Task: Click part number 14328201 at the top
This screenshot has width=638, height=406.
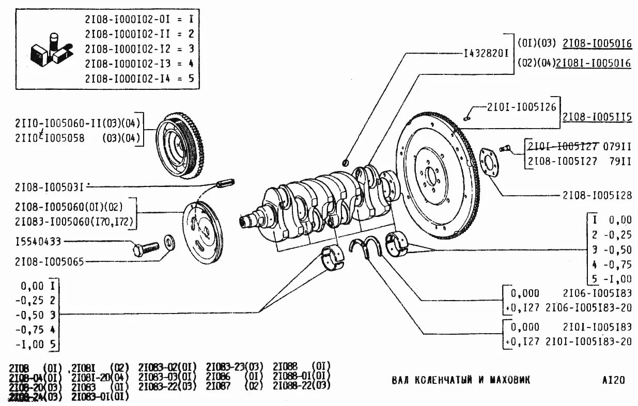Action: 487,53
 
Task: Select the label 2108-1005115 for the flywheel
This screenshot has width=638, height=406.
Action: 597,117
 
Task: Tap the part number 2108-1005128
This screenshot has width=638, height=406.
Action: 597,196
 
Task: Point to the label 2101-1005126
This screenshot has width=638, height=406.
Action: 521,107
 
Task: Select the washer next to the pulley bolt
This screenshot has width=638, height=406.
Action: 169,241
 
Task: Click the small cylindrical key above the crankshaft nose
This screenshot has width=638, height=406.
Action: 226,182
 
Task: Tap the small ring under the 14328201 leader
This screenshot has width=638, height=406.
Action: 346,163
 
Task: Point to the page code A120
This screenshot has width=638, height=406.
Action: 613,381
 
